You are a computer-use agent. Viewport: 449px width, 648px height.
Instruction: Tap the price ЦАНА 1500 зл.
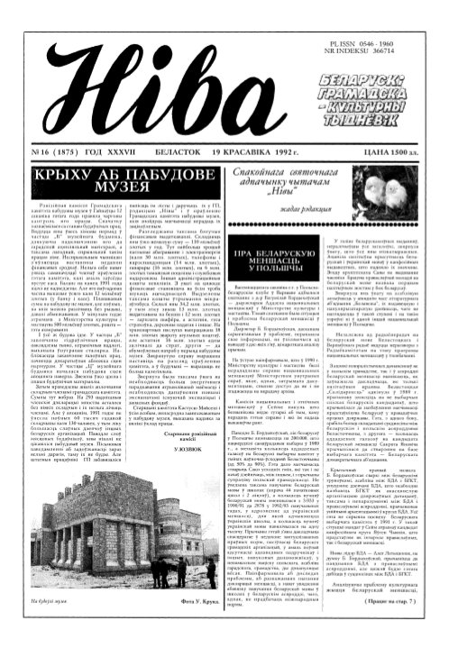click(x=404, y=128)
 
